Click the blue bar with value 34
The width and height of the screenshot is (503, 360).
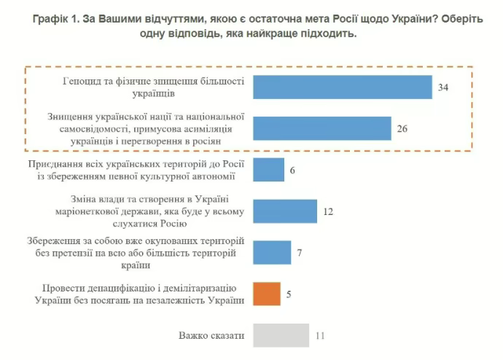pyautogui.click(x=343, y=87)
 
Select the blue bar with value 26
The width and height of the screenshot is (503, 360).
pyautogui.click(x=322, y=128)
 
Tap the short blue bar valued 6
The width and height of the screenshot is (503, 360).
pyautogui.click(x=268, y=170)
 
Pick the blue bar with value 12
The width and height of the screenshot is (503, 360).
pyautogui.click(x=285, y=211)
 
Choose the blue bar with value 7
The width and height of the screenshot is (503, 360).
pyautogui.click(x=272, y=252)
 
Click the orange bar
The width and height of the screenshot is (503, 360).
pyautogui.click(x=266, y=294)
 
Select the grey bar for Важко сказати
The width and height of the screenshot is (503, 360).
pyautogui.click(x=281, y=335)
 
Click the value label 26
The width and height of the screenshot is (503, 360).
pyautogui.click(x=402, y=129)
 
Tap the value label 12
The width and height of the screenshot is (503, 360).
pyautogui.click(x=328, y=211)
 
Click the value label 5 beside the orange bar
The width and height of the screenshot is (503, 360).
pyautogui.click(x=289, y=294)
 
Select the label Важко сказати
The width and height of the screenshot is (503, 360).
pyautogui.click(x=211, y=335)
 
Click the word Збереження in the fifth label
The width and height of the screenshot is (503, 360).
pyautogui.click(x=55, y=241)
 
